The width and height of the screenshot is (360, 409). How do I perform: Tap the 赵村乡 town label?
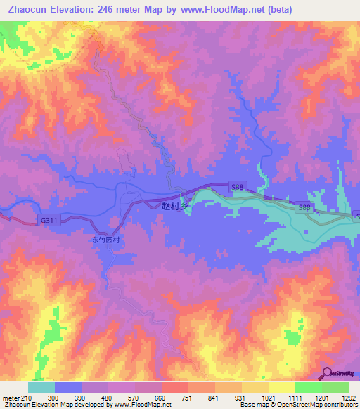point(176,206)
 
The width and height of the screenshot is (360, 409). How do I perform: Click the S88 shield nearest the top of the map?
point(238,186)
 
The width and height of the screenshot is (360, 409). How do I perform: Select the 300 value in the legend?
point(53,398)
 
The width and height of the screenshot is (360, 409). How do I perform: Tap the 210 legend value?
point(26,398)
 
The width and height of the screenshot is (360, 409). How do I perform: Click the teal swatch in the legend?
point(41,387)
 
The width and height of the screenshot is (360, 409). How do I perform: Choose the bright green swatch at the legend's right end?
point(335,387)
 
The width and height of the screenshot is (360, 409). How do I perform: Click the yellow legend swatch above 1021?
point(255,387)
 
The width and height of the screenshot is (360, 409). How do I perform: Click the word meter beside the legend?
point(10,398)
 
